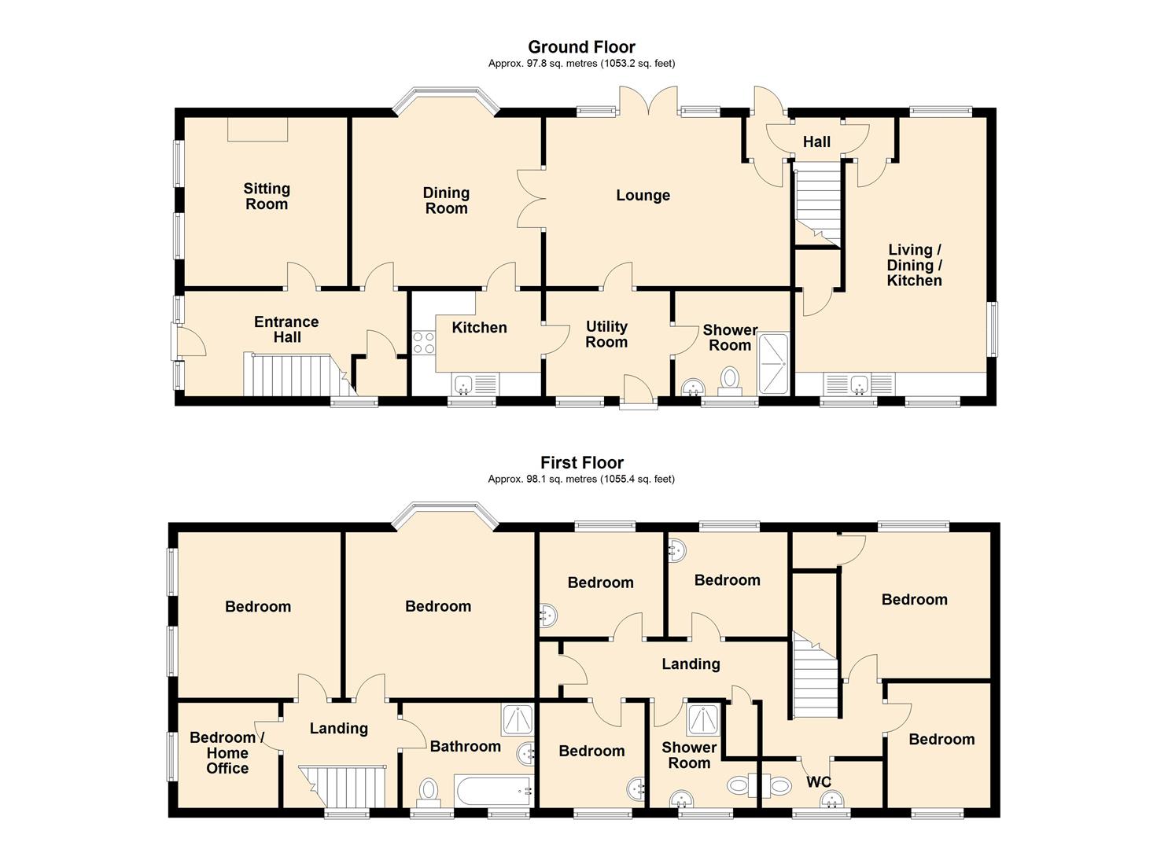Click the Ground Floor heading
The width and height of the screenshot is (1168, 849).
(x=581, y=47)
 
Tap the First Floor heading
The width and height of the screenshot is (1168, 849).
(x=581, y=462)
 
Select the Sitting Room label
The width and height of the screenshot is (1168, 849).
(x=267, y=196)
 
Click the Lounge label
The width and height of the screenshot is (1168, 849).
(x=643, y=196)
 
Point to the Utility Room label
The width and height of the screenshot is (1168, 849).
(x=606, y=334)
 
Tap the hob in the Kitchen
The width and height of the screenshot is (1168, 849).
(x=423, y=343)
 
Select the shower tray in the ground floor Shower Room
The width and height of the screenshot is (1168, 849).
(x=773, y=363)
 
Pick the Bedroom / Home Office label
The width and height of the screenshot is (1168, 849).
(x=227, y=752)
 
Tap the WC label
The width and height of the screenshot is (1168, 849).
(x=818, y=781)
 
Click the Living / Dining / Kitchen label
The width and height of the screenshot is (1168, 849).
(x=915, y=265)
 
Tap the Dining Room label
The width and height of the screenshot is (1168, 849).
(x=446, y=200)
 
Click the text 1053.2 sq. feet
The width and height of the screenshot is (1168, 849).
(x=637, y=64)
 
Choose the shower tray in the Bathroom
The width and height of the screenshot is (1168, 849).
(x=518, y=721)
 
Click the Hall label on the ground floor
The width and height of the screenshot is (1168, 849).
(x=816, y=141)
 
